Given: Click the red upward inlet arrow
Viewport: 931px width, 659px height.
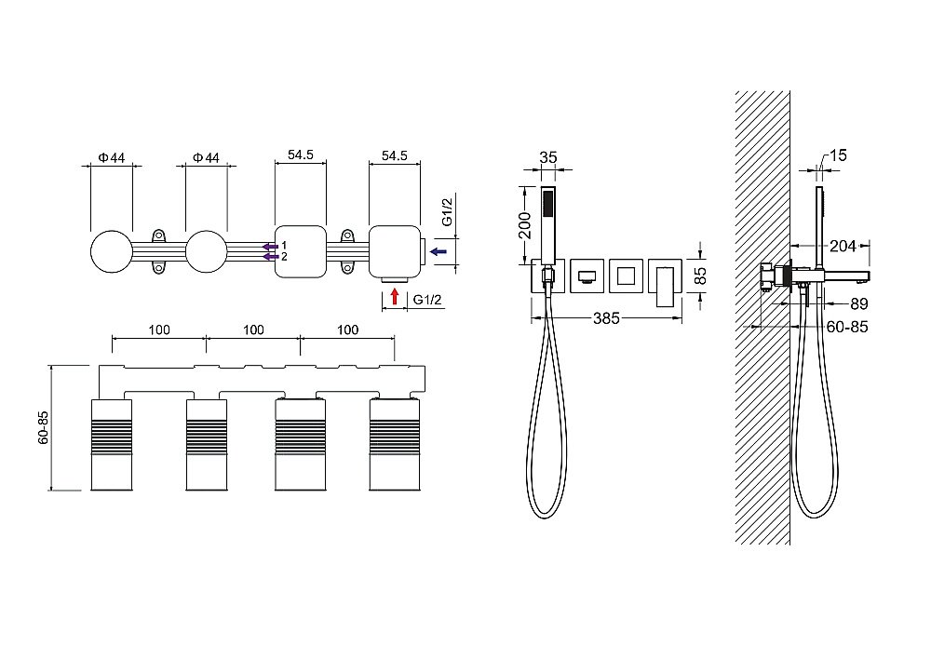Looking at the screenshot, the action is point(394,296).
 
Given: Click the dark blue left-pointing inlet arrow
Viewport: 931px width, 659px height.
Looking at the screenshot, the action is point(439,251).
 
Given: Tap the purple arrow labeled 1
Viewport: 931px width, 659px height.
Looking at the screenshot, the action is point(271,246).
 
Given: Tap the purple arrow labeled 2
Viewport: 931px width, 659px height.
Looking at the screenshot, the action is point(271,257).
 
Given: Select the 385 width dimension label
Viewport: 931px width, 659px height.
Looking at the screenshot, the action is point(606,319).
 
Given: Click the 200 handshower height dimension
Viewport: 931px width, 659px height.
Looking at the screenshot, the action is point(525,225).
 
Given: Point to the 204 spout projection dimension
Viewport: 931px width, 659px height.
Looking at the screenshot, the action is point(843,246).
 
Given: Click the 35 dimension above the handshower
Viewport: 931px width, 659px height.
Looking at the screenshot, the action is point(548,157).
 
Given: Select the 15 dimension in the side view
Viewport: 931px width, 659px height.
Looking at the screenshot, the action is point(837,155).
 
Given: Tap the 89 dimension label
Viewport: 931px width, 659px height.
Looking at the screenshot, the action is point(859,304).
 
